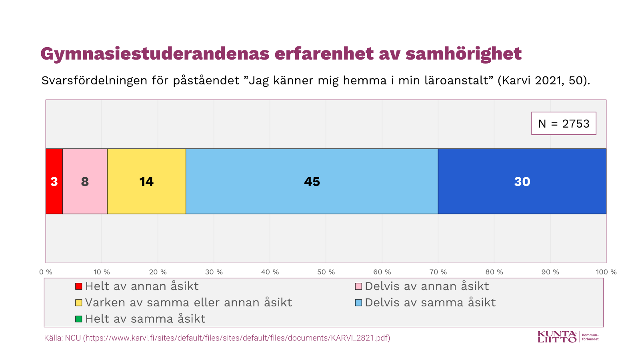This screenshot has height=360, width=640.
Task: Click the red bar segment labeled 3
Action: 54,181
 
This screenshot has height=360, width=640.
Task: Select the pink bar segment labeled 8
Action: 85,181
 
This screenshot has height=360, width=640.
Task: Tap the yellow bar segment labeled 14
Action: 146,181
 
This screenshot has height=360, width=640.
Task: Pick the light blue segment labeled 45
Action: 312,181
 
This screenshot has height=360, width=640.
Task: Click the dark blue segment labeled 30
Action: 522,181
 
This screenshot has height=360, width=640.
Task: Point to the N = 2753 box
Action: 564,124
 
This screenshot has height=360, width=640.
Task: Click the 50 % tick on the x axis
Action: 326,272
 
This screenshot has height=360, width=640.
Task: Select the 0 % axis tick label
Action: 46,272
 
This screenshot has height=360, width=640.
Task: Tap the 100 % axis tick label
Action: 606,272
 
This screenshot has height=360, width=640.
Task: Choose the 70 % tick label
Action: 438,272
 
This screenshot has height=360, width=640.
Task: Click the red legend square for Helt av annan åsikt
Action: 79,286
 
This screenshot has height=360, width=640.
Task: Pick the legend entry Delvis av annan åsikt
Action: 426,286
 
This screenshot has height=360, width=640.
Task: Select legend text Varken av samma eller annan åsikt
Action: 188,302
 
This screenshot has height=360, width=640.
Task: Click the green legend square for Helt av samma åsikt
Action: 79,319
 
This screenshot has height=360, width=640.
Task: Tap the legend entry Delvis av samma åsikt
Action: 430,302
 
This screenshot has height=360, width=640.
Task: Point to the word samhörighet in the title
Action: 463,54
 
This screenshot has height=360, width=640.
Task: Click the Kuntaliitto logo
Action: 557,337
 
